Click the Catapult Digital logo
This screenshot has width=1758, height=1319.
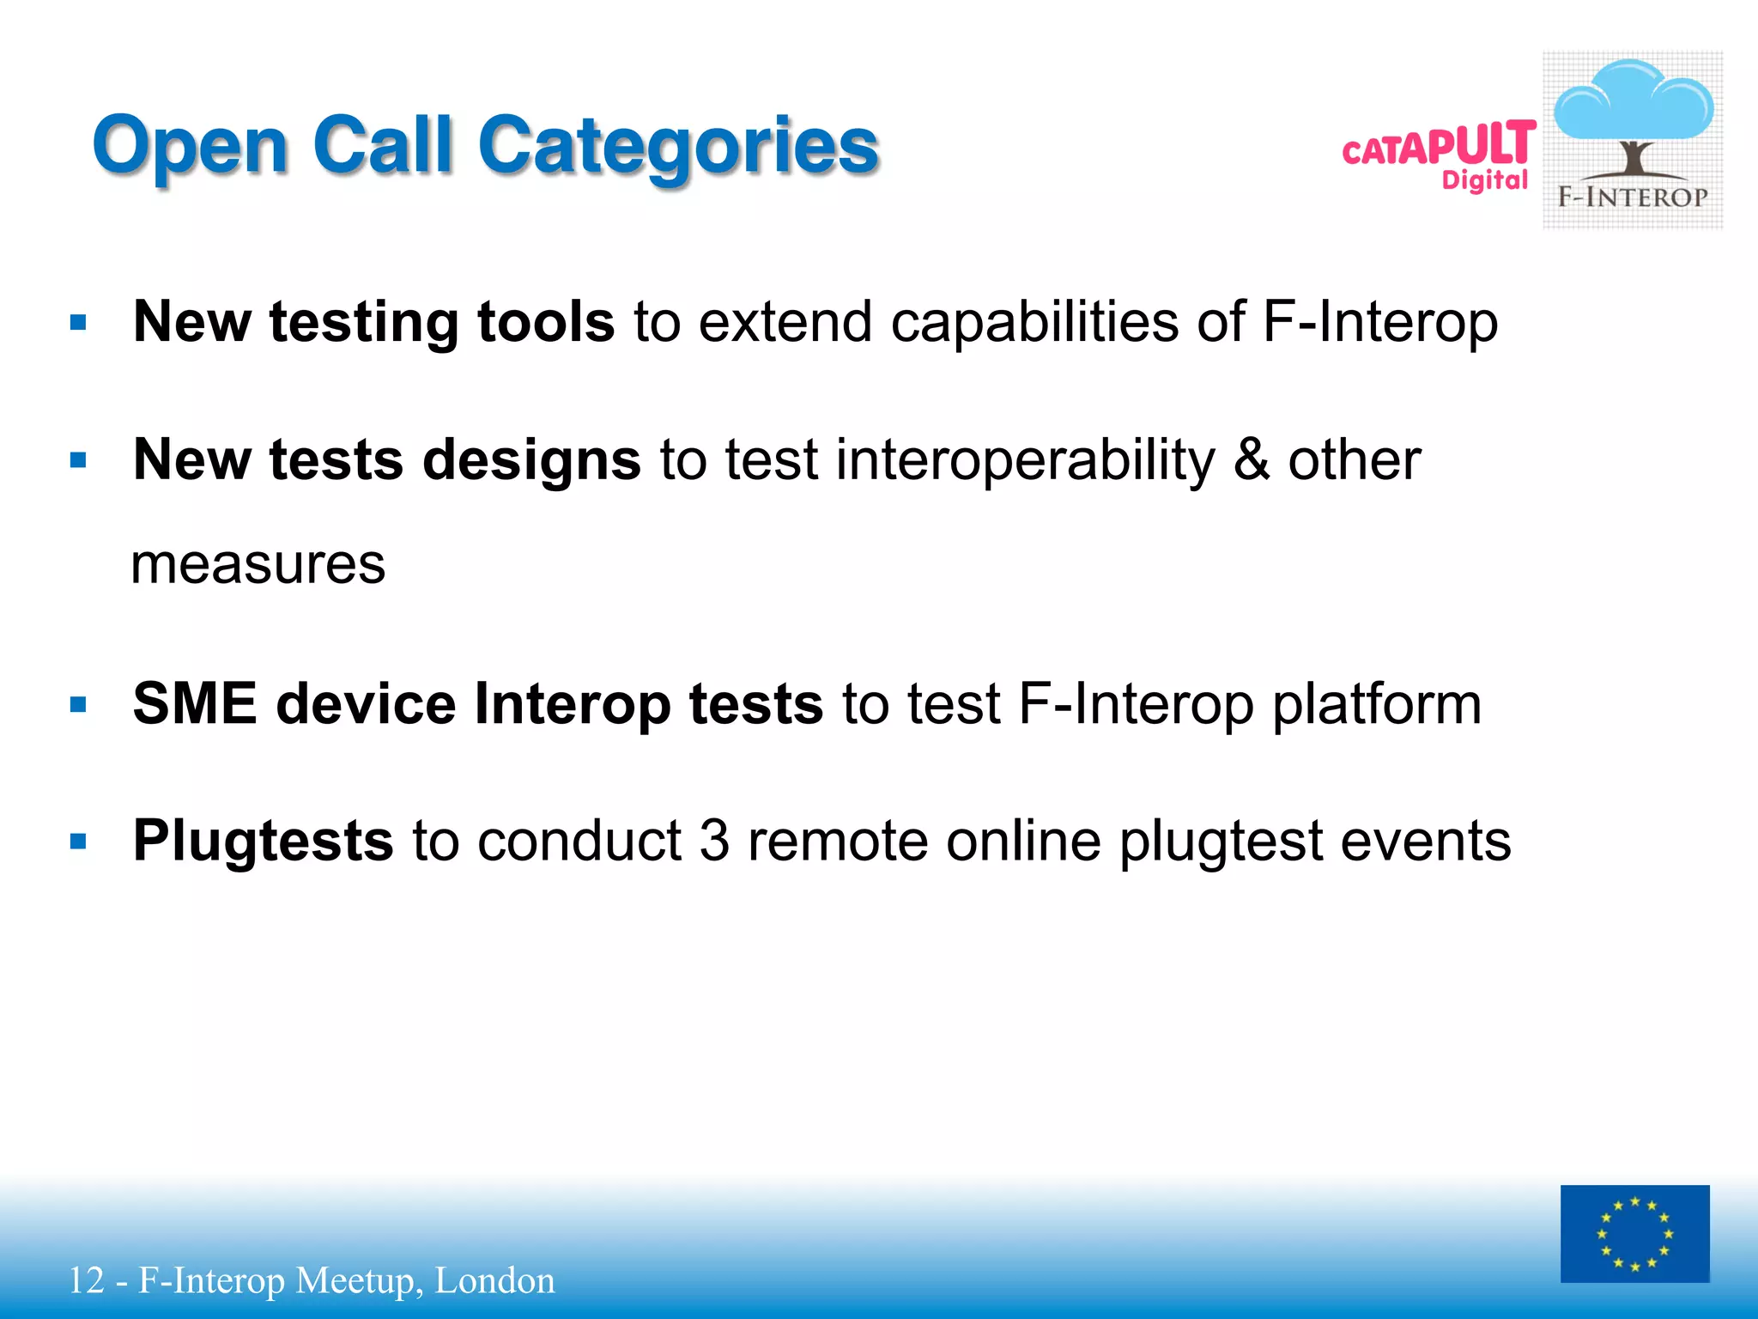click(1440, 155)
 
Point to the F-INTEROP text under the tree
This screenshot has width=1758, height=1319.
click(1633, 198)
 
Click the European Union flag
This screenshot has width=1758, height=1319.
click(1634, 1234)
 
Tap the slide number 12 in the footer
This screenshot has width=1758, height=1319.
click(86, 1280)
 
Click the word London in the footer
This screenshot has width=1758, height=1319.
click(494, 1280)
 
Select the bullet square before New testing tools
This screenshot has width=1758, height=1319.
click(79, 324)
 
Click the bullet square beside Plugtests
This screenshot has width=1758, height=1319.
click(79, 842)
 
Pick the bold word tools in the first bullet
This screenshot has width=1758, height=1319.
click(546, 322)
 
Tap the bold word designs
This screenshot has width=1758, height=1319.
click(531, 461)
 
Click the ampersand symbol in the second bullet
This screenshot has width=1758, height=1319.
click(1252, 459)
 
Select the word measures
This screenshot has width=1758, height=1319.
click(258, 566)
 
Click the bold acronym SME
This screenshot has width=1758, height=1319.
click(195, 703)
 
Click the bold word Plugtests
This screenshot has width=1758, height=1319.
click(264, 842)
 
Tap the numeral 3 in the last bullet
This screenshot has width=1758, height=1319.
click(714, 841)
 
